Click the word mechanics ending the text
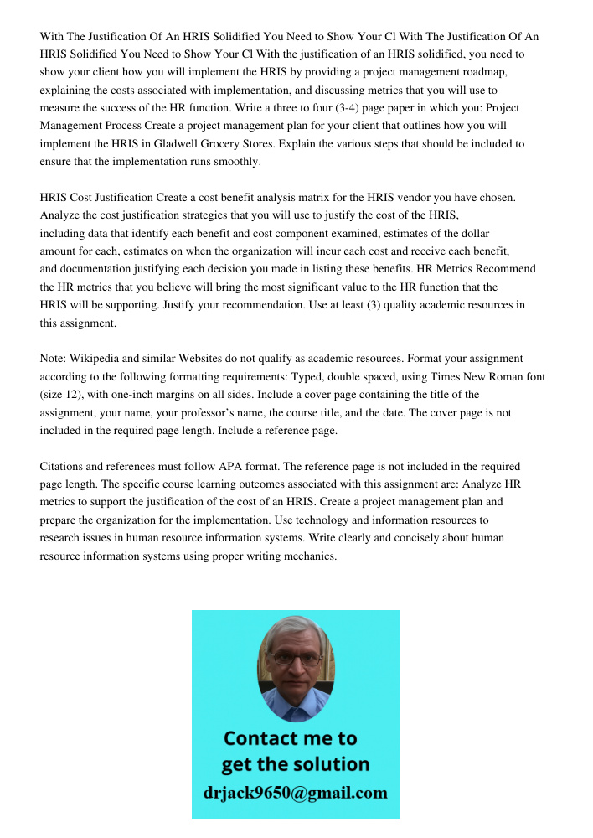point(307,556)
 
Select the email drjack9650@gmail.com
point(296,793)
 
